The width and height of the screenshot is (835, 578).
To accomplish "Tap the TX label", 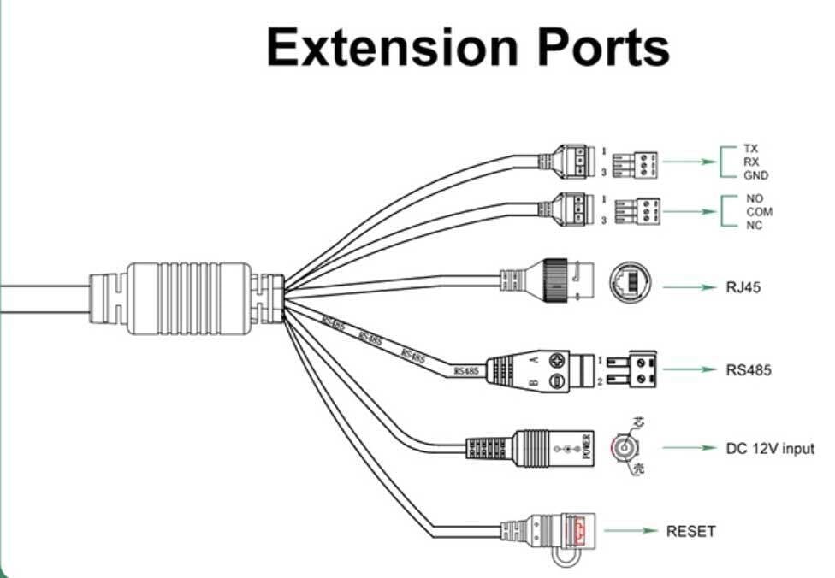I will click(751, 149).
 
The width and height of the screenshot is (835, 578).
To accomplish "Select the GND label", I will click(756, 175).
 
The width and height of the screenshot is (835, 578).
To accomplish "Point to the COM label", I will click(759, 211).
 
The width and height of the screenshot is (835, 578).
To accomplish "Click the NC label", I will click(754, 225).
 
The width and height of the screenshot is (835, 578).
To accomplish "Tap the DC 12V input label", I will click(769, 448).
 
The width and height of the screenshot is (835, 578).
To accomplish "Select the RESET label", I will click(690, 531).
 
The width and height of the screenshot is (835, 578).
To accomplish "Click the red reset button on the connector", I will click(581, 531).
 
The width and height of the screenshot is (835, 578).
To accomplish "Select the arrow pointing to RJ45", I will click(685, 287).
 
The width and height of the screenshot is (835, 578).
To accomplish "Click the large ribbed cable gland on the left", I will click(188, 298).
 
